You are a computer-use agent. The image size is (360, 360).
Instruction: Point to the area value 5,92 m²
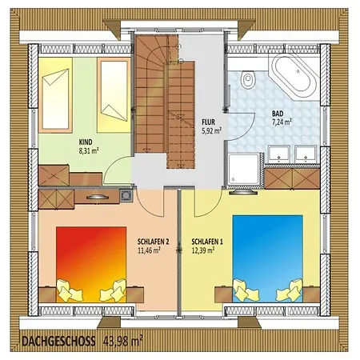211,130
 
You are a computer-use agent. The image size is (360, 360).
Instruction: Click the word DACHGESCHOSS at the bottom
58,342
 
